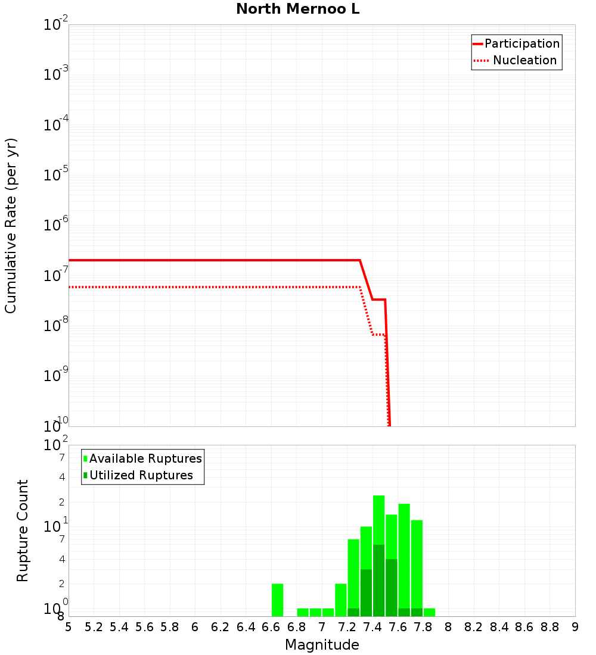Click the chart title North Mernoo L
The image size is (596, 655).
297,10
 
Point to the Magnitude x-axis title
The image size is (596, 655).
322,645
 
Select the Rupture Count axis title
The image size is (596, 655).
23,531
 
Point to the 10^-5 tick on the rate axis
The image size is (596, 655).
56,175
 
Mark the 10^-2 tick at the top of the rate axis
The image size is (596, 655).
56,25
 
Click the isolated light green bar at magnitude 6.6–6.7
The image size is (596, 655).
277,600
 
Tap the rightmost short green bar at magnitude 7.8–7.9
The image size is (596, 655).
429,612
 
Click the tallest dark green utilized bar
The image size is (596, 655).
378,581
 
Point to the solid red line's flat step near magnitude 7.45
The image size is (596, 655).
378,300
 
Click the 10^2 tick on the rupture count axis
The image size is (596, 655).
56,445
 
